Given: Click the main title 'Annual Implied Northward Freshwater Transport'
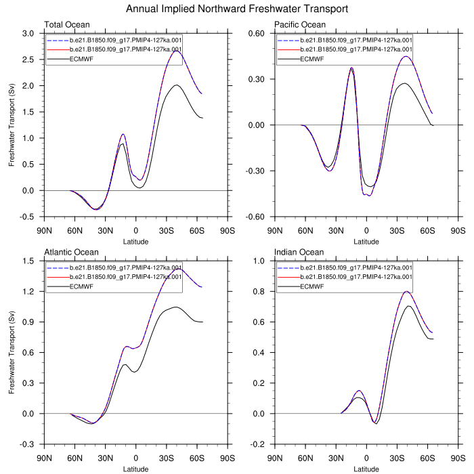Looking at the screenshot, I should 237,9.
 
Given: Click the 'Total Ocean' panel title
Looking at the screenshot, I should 67,25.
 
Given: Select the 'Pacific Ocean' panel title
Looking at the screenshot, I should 300,25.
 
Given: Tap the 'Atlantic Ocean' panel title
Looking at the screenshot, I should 70,253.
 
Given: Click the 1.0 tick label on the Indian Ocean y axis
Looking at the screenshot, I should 259,261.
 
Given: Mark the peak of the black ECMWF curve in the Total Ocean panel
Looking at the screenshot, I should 176,85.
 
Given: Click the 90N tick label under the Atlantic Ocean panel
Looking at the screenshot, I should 44,458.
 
